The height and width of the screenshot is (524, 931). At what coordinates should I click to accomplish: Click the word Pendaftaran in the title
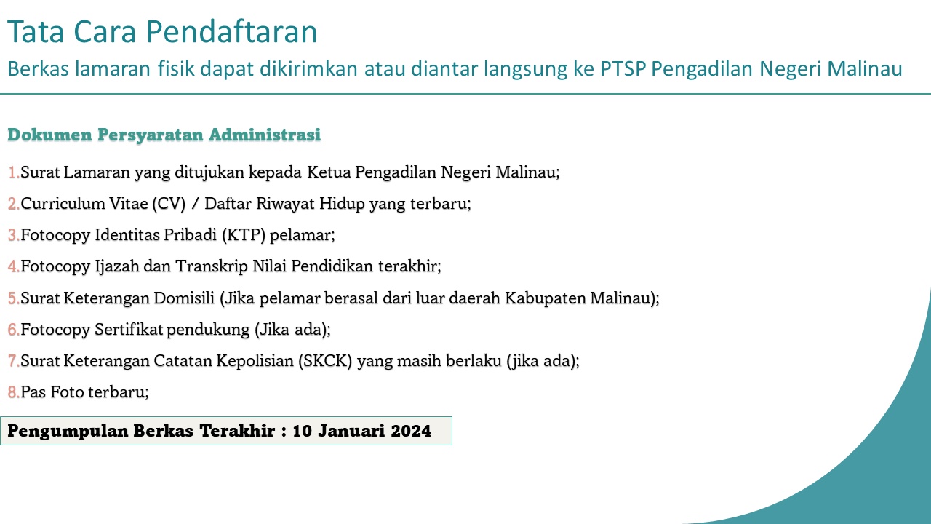231,31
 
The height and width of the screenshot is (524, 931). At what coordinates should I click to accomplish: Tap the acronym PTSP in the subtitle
623,68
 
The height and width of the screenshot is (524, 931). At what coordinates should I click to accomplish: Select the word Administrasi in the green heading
265,135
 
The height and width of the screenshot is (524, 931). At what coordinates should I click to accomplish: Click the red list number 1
13,172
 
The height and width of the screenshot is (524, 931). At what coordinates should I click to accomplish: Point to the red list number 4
13,266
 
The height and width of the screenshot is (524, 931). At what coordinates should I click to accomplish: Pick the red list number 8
13,392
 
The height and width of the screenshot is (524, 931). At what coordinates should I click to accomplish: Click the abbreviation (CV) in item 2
169,204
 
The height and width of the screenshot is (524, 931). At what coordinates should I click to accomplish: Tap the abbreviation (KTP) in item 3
244,235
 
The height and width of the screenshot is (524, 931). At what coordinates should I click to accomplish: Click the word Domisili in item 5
184,298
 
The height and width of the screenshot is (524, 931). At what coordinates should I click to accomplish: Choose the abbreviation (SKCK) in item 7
325,360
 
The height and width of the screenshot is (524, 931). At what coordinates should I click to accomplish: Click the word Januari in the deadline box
351,431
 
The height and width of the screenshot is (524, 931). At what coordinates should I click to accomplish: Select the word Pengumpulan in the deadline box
68,432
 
